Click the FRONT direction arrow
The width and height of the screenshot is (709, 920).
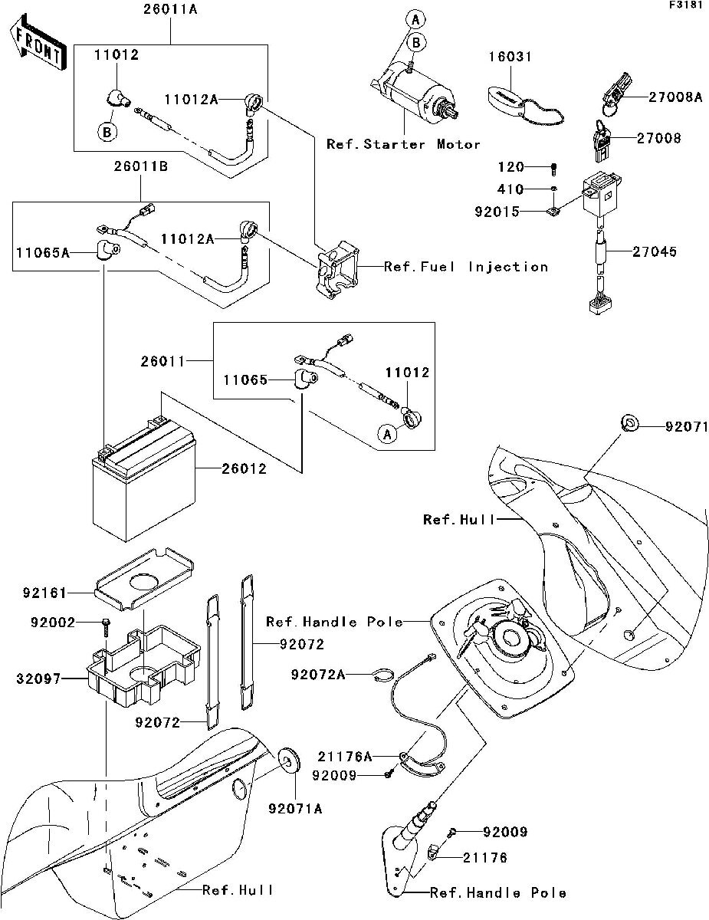[38, 42]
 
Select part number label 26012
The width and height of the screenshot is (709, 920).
[245, 468]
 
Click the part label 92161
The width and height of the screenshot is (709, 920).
[44, 593]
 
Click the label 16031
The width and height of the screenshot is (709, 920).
[510, 56]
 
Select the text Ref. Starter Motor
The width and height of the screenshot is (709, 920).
[403, 144]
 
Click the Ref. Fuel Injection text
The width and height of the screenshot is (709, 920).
[465, 267]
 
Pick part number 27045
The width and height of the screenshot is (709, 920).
[655, 251]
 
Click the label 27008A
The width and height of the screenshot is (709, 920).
[675, 97]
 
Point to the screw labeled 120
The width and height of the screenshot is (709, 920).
[554, 169]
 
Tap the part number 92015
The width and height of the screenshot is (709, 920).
[497, 212]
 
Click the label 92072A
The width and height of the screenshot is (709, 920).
[318, 675]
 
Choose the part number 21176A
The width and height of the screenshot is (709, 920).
[345, 756]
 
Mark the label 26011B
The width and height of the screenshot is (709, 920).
[140, 166]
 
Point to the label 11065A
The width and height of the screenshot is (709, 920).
[43, 253]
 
